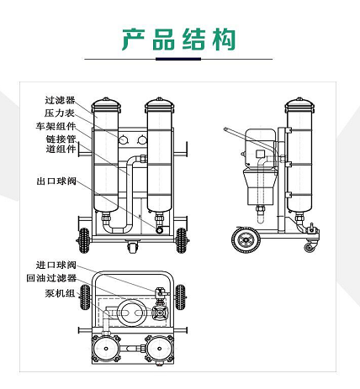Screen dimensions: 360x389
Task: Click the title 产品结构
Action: point(178,39)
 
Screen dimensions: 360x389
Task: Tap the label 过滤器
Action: point(60,100)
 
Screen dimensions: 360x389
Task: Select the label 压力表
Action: point(60,113)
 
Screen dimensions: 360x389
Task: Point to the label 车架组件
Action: point(56,126)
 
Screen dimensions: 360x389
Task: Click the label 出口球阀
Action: point(56,181)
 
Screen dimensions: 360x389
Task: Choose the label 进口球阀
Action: point(56,265)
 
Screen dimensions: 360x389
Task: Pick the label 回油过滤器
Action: point(51,278)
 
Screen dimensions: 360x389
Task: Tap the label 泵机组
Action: point(60,293)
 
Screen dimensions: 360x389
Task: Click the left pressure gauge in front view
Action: point(124,139)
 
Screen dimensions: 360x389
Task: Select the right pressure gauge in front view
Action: point(142,139)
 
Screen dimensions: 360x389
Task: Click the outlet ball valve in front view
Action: point(160,230)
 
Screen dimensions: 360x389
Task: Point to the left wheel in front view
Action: point(84,240)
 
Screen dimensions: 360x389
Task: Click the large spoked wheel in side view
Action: point(246,239)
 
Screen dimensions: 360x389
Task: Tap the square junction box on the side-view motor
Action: point(261,154)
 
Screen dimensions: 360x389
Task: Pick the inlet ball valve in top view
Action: point(161,293)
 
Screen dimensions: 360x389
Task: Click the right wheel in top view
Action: point(180,297)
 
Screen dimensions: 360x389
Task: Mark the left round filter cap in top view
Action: point(106,349)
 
